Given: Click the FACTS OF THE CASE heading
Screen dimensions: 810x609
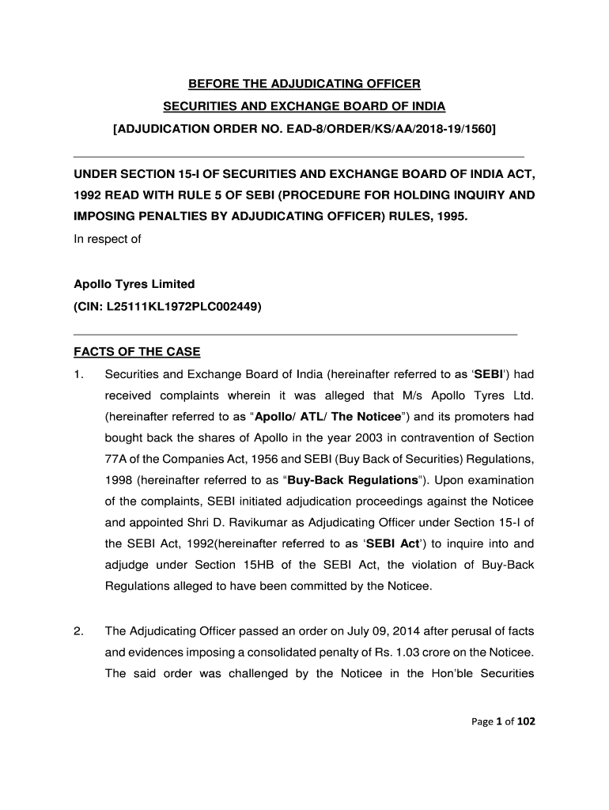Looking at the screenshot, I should (x=137, y=352).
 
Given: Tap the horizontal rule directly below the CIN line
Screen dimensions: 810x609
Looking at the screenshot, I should (x=295, y=335).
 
